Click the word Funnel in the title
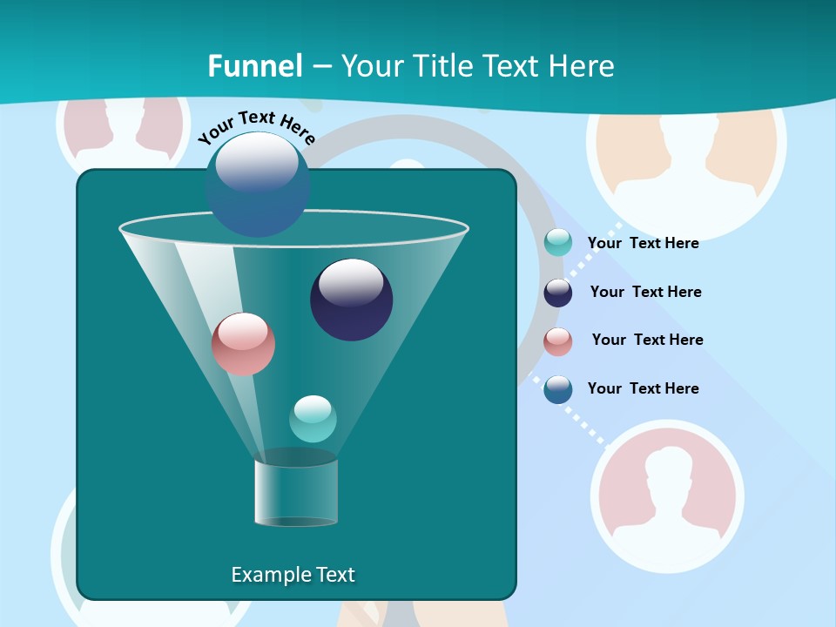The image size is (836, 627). point(255,66)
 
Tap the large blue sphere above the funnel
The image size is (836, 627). point(257,184)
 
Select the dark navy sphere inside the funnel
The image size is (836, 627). point(352,300)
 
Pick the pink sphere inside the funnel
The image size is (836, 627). point(243,344)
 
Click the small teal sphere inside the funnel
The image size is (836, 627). point(313,419)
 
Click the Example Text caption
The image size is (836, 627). point(293,575)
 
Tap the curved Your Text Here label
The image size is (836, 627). point(256,127)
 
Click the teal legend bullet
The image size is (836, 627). point(558,243)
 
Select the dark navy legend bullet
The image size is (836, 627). point(558,293)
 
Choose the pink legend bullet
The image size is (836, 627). point(558,341)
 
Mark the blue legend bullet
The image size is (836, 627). point(558,389)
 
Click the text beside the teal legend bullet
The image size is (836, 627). point(643,244)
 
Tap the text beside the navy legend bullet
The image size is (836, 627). point(645,293)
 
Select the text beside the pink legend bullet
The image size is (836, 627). point(647,340)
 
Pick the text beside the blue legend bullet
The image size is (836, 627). point(643,388)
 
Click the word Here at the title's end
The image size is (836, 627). point(580,66)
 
